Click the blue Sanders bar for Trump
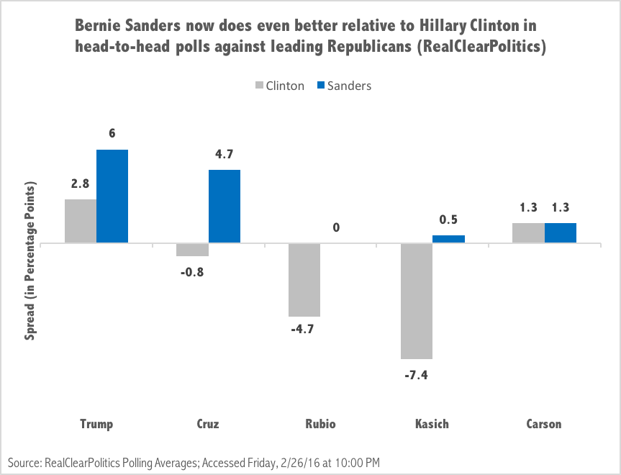click(x=112, y=196)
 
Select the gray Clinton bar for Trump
click(x=81, y=221)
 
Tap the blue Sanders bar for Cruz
click(x=225, y=206)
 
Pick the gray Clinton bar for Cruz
click(x=193, y=250)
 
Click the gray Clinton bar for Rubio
click(x=304, y=280)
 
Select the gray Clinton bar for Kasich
click(x=417, y=301)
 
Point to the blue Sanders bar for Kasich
click(x=448, y=239)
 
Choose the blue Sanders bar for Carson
click(x=561, y=233)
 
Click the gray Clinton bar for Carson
click(x=529, y=233)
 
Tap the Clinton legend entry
click(x=279, y=86)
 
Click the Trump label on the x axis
click(x=96, y=424)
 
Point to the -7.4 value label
click(x=417, y=375)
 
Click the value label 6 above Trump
click(x=112, y=133)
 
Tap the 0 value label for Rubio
click(x=336, y=228)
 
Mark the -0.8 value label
click(x=193, y=273)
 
